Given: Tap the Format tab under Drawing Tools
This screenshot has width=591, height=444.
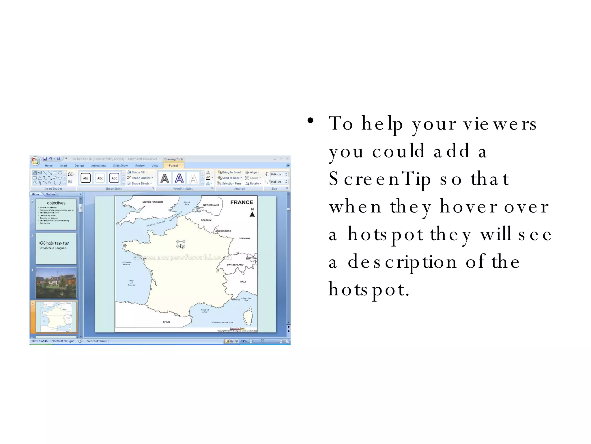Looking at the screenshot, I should click(173, 166).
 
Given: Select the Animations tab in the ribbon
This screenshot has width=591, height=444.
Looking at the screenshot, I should click(98, 166).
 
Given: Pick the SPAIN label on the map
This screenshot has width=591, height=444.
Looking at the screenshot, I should click(167, 322).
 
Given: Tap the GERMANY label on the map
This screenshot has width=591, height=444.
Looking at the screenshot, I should click(244, 238).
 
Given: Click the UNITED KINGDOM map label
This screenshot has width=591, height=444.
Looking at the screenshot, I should click(152, 202).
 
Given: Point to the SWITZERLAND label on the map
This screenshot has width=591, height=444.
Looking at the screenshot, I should click(235, 265).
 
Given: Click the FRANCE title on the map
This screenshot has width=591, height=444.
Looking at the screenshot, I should click(242, 202).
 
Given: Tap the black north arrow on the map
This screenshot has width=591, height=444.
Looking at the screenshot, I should click(252, 214).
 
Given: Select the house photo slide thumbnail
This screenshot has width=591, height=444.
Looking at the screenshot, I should click(56, 283).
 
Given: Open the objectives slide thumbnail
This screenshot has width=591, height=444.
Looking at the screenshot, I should click(56, 214).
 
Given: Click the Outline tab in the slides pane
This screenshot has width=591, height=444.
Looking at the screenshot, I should click(51, 194).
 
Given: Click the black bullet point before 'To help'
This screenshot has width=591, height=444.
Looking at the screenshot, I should click(310, 121).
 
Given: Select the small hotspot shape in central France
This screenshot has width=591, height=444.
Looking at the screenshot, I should click(180, 244).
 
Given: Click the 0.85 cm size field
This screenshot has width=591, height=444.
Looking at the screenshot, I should click(276, 182).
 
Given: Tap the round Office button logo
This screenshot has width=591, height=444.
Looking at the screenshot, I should click(35, 161).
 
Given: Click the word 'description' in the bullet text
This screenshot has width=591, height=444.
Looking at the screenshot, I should click(402, 262).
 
